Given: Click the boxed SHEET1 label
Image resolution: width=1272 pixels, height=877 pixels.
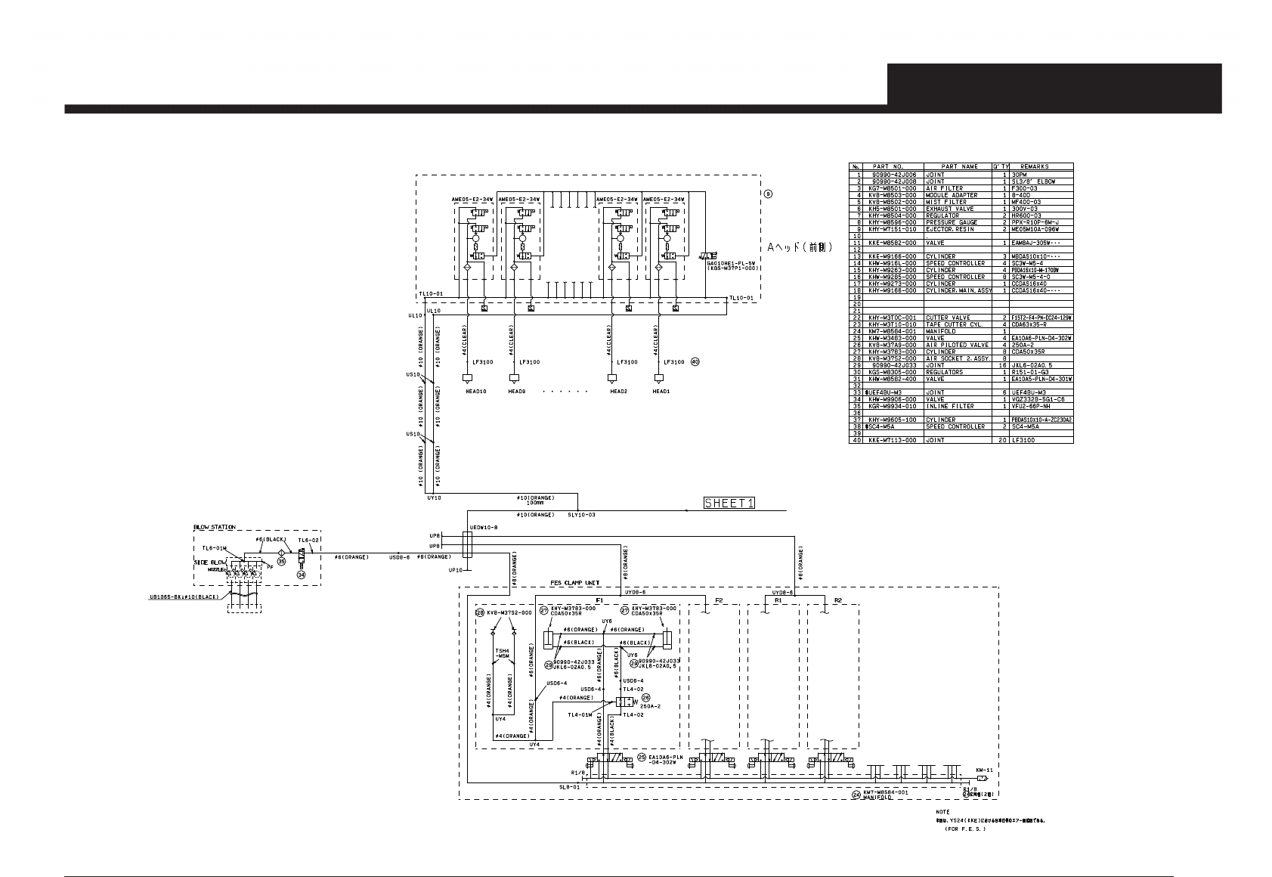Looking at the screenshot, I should click(729, 503).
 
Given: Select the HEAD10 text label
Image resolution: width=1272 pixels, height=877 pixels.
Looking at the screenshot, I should click(475, 391).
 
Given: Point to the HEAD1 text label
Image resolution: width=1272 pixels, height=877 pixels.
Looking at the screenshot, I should click(661, 391).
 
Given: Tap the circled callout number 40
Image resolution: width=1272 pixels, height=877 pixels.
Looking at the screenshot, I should click(695, 362).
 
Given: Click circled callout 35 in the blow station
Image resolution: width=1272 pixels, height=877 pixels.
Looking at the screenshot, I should click(281, 562).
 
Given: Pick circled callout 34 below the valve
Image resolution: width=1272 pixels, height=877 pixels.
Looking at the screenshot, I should click(301, 575).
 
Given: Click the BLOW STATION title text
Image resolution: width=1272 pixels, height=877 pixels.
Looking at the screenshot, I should click(214, 527).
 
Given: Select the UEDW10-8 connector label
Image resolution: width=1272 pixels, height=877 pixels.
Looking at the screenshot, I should click(483, 527).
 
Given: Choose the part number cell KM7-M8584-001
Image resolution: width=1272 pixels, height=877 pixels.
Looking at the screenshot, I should click(895, 331).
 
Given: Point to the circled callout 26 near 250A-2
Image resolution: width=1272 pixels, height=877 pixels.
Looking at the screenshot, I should click(646, 698).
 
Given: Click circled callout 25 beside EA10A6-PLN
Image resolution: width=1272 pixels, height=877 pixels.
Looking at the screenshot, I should click(642, 756).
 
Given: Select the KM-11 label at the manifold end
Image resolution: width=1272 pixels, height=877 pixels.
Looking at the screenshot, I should click(983, 770).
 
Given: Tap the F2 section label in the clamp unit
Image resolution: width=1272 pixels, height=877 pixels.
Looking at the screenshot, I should click(719, 601).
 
